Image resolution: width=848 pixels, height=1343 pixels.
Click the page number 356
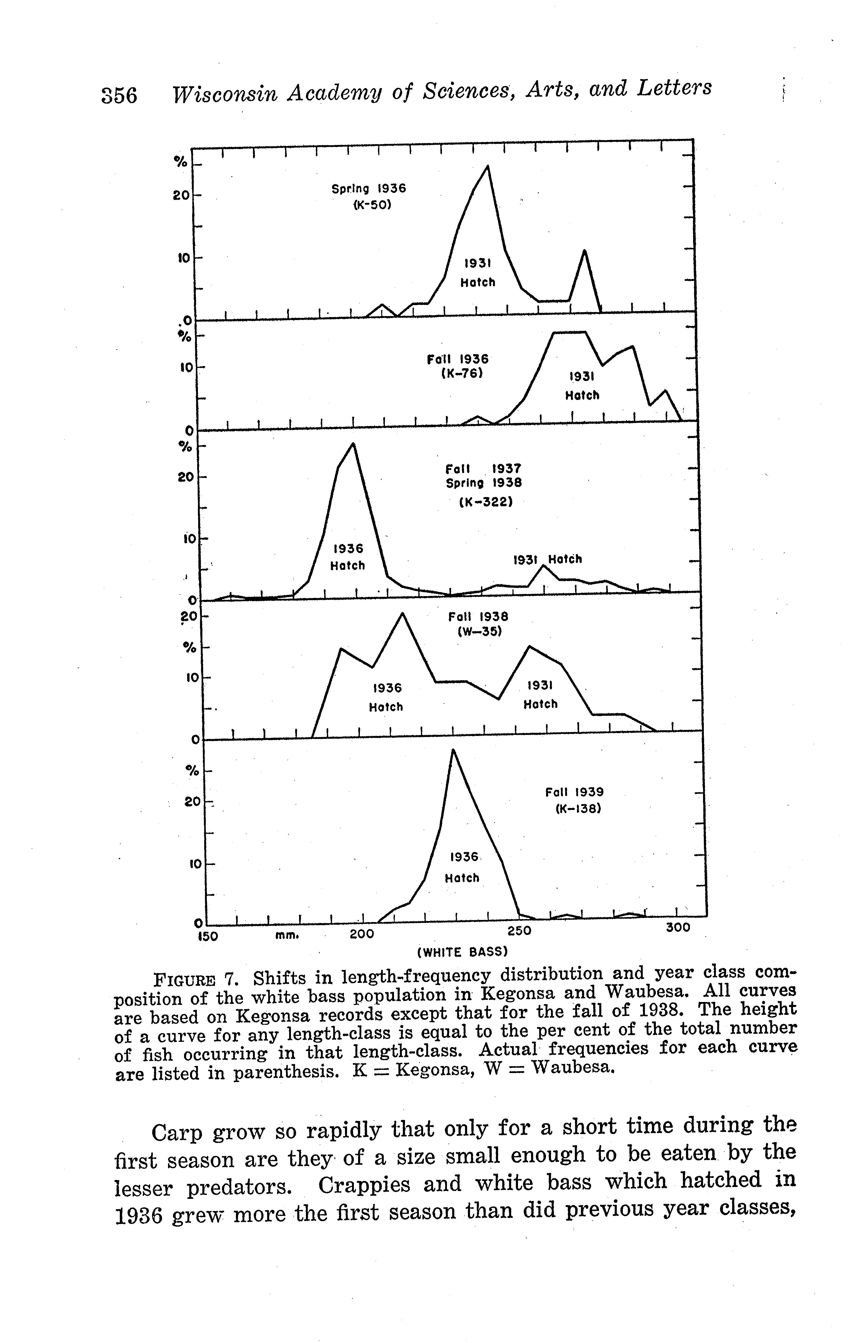pyautogui.click(x=119, y=95)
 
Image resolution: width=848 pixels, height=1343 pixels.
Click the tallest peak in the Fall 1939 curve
pyautogui.click(x=453, y=750)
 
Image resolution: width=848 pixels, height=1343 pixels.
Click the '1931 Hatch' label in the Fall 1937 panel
pyautogui.click(x=547, y=559)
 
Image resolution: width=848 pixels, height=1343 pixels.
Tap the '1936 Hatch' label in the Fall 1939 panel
pyautogui.click(x=462, y=867)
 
